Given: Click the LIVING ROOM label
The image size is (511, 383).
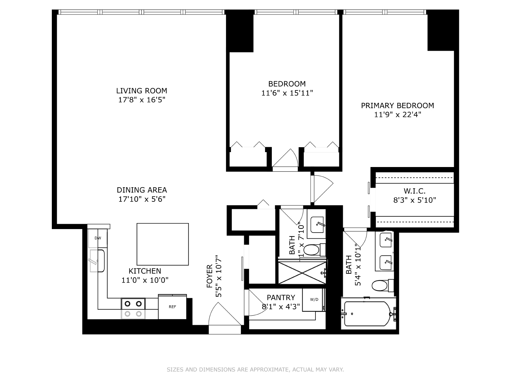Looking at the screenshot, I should [x=142, y=91].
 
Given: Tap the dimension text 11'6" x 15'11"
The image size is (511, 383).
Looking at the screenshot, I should [x=287, y=93].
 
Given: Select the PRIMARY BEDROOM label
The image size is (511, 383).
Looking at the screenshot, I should [x=397, y=106].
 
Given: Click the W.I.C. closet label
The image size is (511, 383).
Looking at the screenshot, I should [x=414, y=191].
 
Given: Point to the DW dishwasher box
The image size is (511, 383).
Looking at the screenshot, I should [x=98, y=238].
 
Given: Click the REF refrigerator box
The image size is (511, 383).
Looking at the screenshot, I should [x=172, y=307].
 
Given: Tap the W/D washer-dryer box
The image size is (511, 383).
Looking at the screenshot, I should [x=314, y=300].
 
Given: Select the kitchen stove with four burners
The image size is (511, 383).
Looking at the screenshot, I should [x=133, y=309].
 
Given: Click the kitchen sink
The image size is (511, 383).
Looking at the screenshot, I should [x=97, y=261].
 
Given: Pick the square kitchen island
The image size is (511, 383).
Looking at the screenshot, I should [x=163, y=244].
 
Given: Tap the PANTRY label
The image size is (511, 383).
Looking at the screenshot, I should [x=281, y=298].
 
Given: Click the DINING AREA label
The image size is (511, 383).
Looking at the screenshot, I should [x=142, y=190].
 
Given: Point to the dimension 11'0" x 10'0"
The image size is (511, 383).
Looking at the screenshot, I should [x=145, y=280].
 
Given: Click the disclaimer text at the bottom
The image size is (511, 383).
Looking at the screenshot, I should [x=255, y=370].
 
